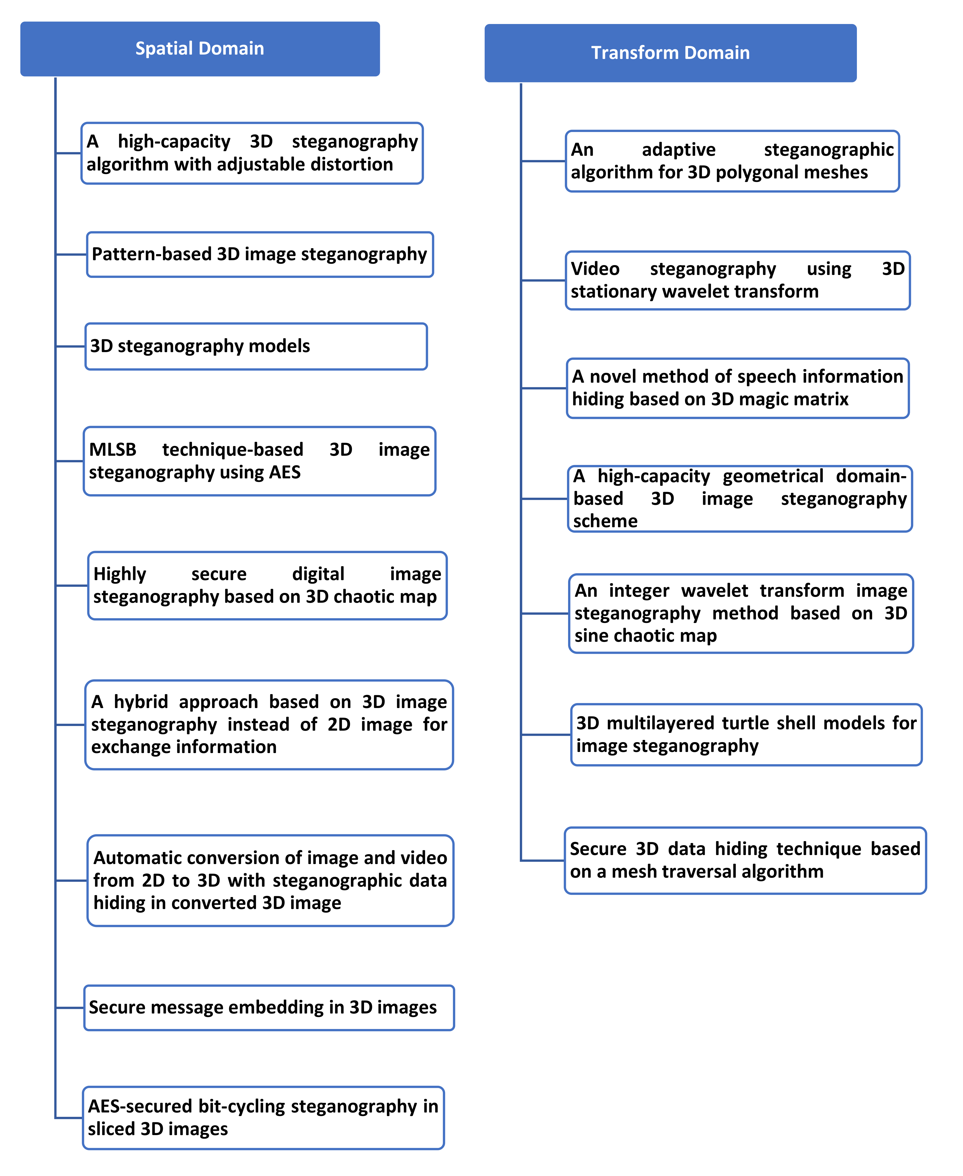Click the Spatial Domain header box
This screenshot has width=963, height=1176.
click(x=200, y=49)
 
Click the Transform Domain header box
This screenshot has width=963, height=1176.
click(x=670, y=53)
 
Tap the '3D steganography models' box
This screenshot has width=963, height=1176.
click(x=256, y=346)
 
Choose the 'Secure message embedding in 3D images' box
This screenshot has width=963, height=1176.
click(x=269, y=1007)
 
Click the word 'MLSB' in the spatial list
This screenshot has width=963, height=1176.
click(x=113, y=449)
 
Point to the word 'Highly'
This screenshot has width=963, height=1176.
click(x=120, y=574)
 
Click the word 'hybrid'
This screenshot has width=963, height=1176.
click(x=141, y=702)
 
